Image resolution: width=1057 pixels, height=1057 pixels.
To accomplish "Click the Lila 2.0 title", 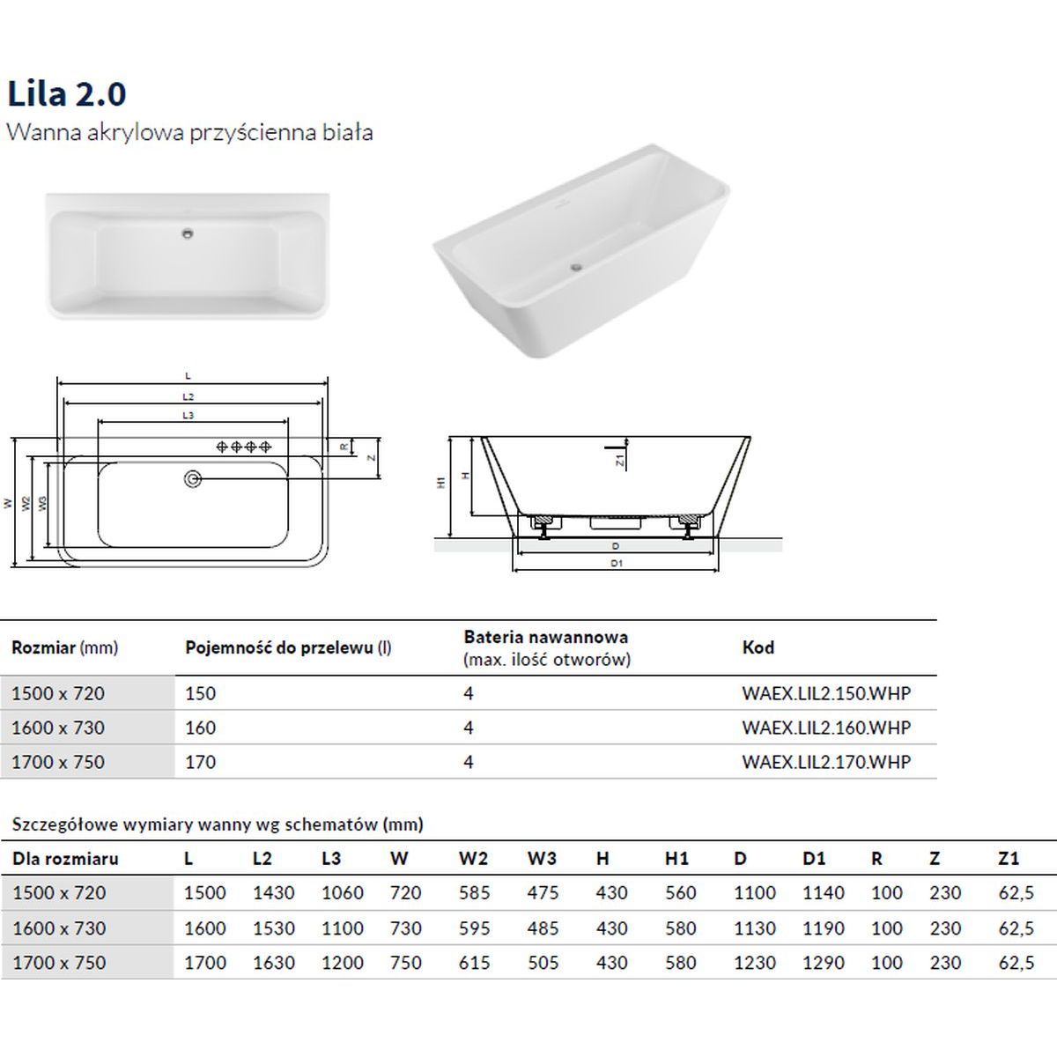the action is coord(67,93).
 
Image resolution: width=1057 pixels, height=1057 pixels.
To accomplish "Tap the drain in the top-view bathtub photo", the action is coord(188,233).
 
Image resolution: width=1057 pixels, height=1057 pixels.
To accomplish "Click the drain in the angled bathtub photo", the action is coord(575,267).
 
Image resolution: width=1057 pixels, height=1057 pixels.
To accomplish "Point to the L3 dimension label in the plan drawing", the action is coord(188,415).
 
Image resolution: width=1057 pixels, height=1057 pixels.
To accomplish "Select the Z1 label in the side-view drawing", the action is coord(620,460).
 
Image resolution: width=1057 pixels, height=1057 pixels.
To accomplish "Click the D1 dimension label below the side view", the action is coord(617,563).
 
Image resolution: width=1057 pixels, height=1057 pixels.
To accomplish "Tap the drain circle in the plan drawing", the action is coord(193,479).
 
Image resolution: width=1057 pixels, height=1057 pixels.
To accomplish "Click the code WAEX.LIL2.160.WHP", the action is coord(826,728).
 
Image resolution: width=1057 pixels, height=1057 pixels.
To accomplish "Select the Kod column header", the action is coord(758,647).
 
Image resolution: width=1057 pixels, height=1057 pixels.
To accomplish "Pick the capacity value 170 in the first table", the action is coord(200,762).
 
